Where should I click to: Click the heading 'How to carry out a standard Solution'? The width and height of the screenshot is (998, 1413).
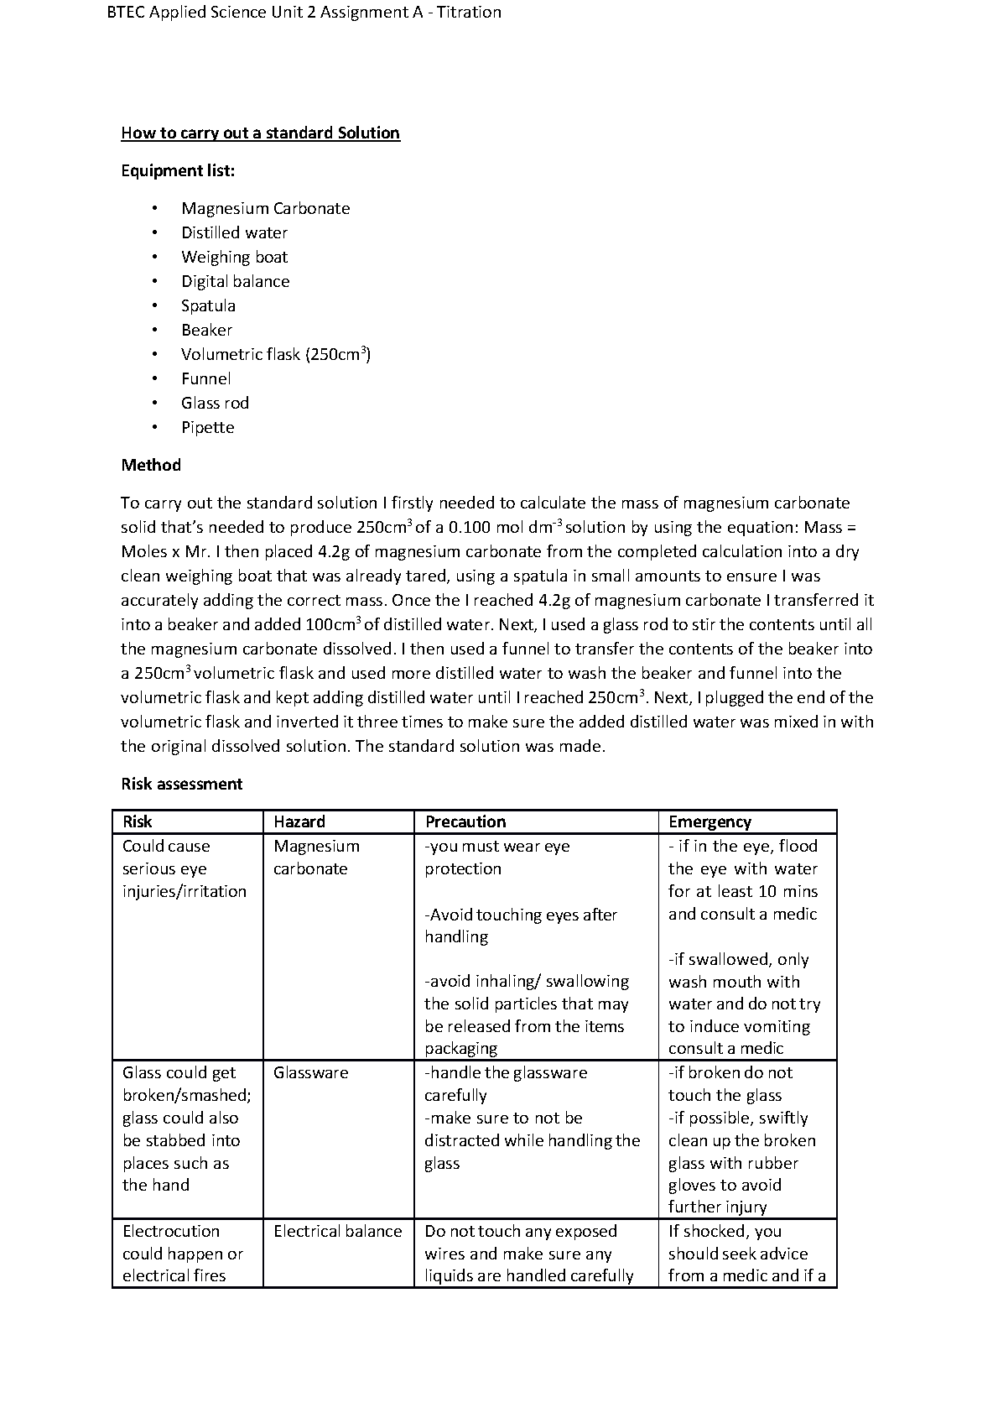click(260, 133)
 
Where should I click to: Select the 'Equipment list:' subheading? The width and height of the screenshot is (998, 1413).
click(178, 170)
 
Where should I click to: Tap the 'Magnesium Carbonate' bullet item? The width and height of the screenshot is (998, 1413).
click(265, 208)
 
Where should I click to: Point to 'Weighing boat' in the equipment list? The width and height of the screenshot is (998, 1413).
click(234, 257)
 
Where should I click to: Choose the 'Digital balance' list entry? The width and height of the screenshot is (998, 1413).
click(235, 281)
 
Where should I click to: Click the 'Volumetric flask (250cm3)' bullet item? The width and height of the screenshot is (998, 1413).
click(276, 354)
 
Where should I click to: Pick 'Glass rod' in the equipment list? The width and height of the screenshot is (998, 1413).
click(215, 403)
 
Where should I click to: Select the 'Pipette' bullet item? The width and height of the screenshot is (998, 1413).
click(207, 427)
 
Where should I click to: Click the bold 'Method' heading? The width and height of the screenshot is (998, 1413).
click(151, 465)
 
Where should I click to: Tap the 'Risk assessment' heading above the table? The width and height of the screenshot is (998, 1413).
click(181, 784)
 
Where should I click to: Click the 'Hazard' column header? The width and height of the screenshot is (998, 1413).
click(299, 821)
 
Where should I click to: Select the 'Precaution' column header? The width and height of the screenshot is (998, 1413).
click(465, 821)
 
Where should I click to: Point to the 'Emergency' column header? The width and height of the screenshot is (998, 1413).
click(710, 821)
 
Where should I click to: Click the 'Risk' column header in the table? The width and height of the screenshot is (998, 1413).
click(138, 821)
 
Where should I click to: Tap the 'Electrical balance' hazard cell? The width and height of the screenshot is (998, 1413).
click(337, 1231)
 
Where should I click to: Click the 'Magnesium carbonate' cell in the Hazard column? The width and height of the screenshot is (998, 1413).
click(316, 857)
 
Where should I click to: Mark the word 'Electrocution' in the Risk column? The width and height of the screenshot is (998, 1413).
click(171, 1231)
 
